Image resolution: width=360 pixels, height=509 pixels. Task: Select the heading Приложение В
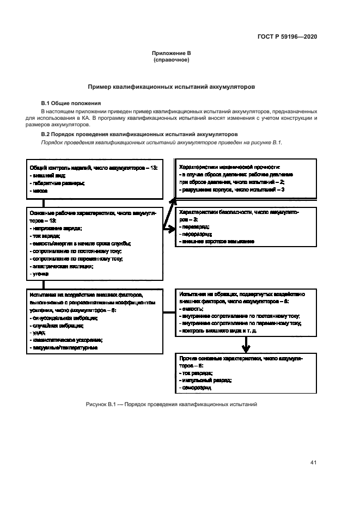click(x=171, y=53)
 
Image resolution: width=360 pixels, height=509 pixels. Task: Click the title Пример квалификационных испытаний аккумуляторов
click(x=171, y=87)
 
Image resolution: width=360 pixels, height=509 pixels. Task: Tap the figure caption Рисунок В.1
click(x=170, y=404)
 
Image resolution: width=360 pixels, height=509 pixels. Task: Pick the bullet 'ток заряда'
click(x=45, y=236)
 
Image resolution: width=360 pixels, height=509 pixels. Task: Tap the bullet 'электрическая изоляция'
click(x=62, y=266)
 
